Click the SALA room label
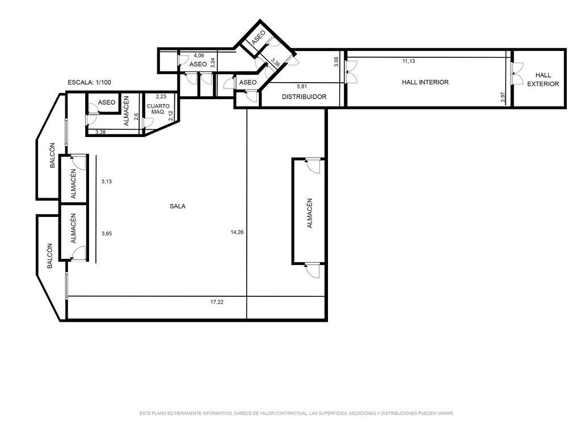[178, 206]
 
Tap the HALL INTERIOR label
[425, 82]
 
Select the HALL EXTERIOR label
[543, 79]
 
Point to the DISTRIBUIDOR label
[304, 97]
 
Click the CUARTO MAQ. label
[158, 109]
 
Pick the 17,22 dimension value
[217, 302]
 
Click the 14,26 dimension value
[237, 232]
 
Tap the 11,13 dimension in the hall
[409, 61]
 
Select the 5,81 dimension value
[302, 87]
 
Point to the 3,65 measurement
[107, 234]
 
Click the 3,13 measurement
[107, 182]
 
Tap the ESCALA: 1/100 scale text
[89, 83]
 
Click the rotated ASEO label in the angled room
[258, 38]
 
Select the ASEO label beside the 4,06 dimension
[198, 65]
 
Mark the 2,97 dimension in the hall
[503, 96]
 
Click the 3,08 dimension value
[336, 61]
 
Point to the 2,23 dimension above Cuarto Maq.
[161, 97]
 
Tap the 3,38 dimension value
[100, 131]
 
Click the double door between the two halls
[516, 73]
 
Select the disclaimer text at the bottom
[296, 413]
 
